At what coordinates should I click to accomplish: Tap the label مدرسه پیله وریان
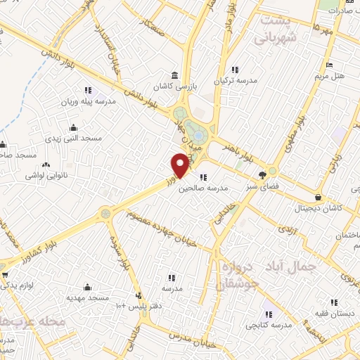click(x=68, y=101)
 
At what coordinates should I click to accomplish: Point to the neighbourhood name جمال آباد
click(x=291, y=266)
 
